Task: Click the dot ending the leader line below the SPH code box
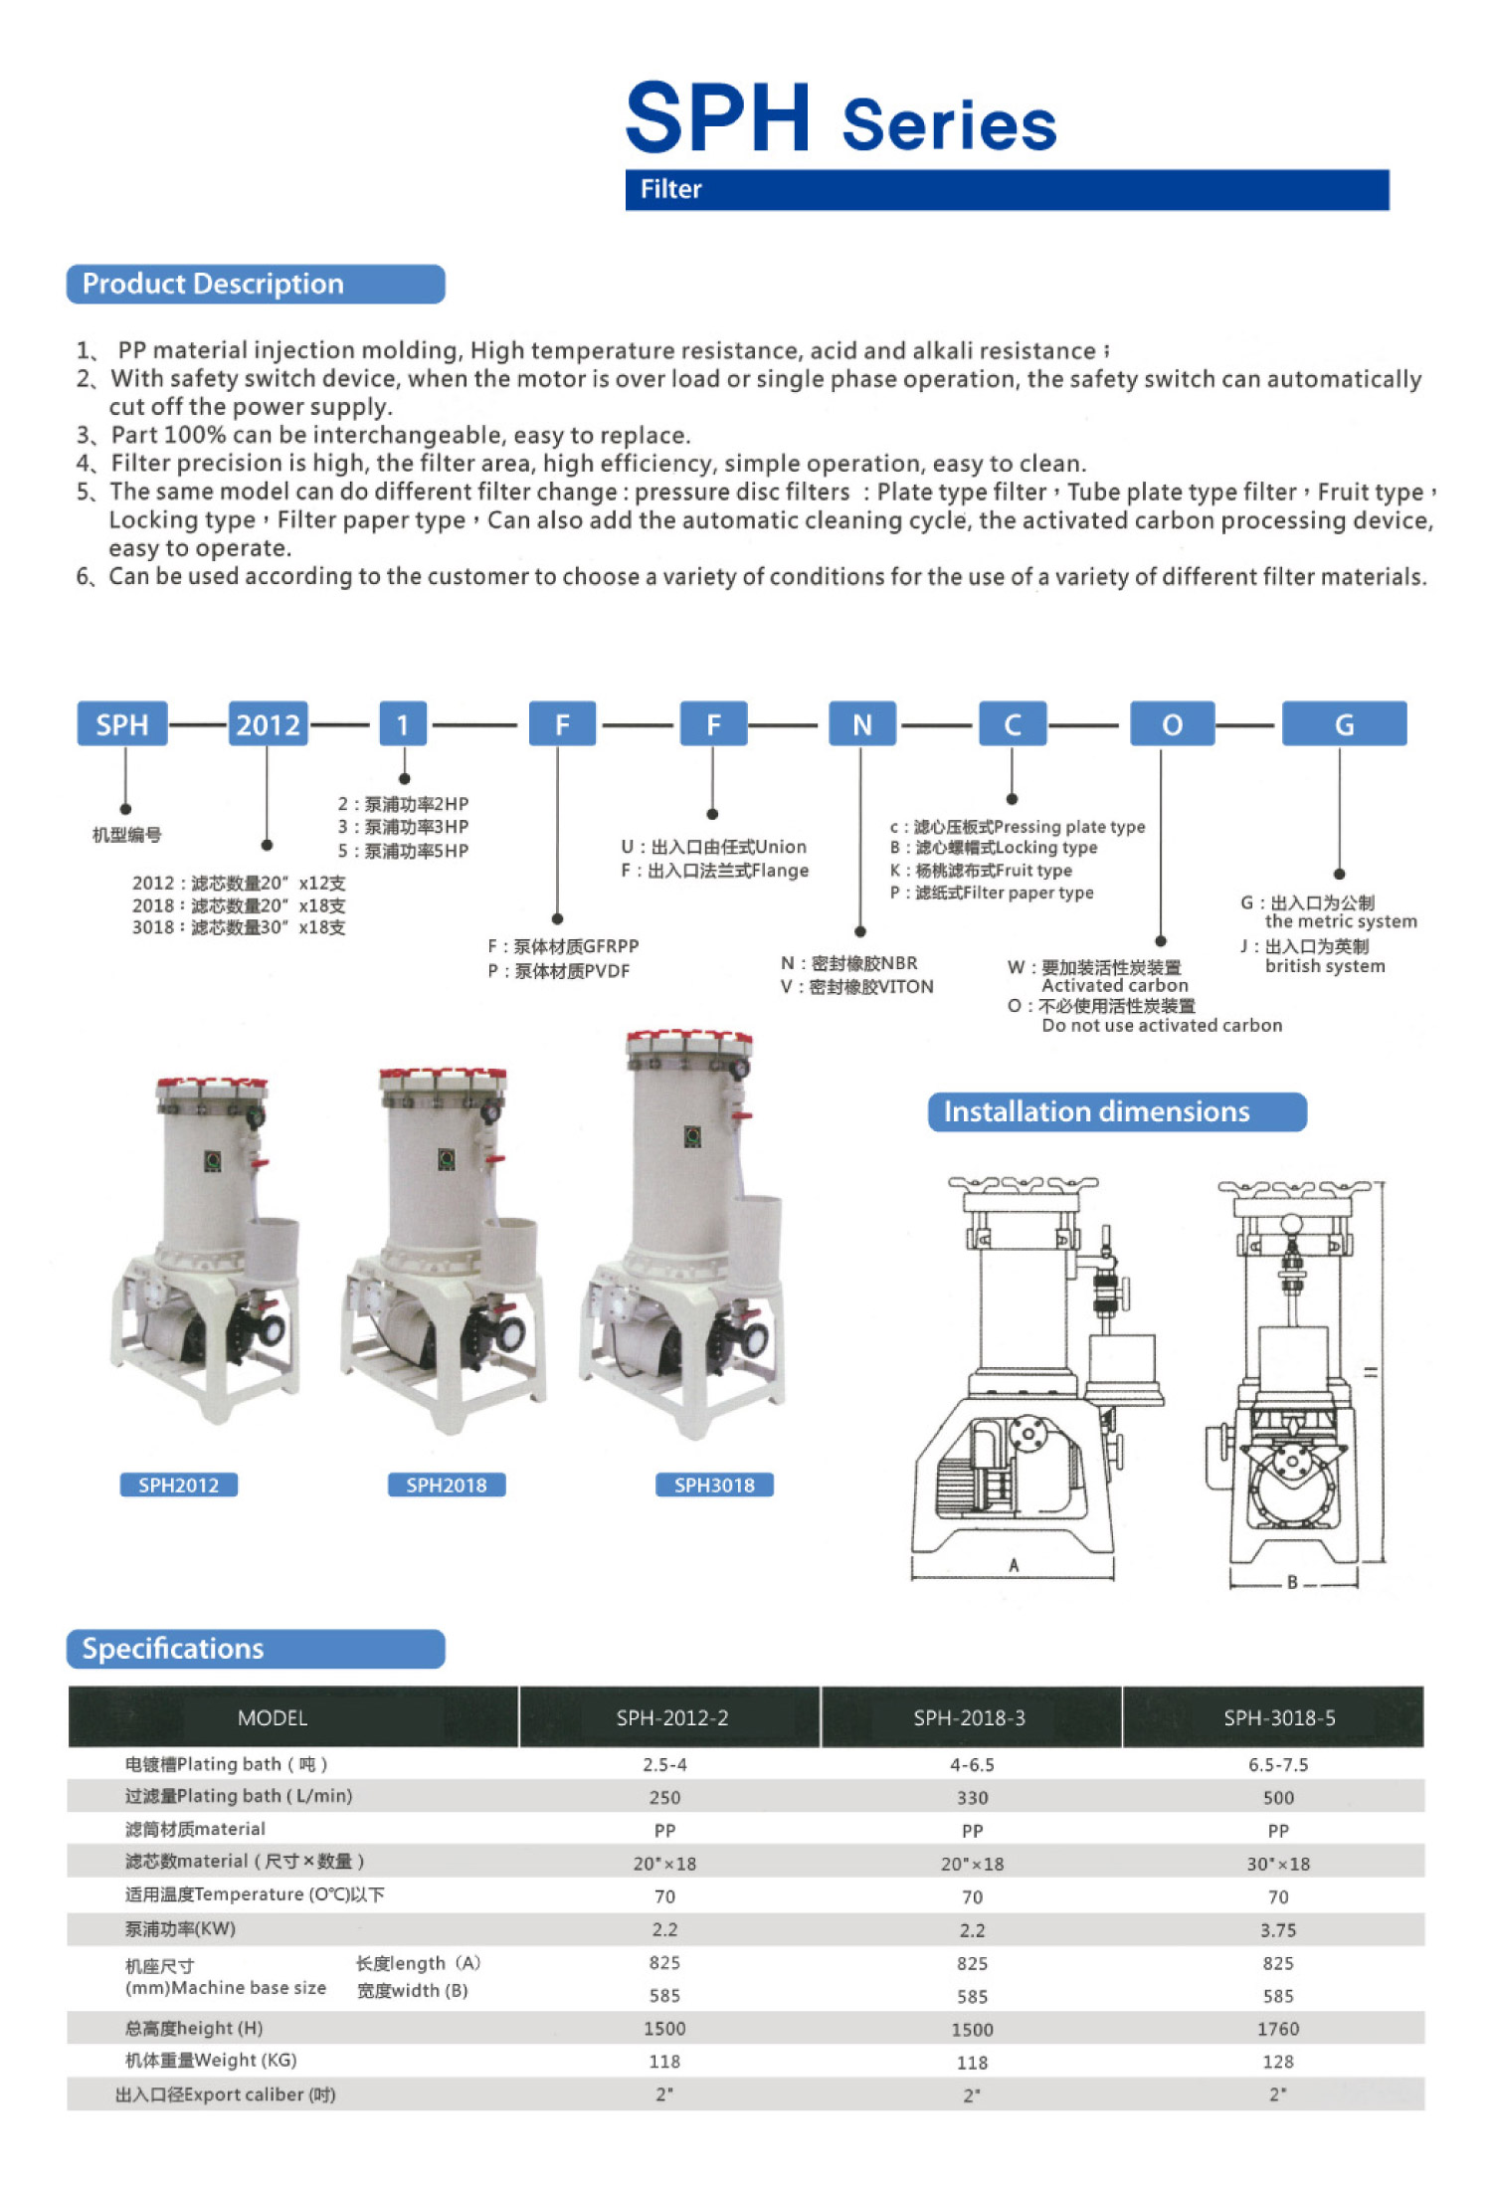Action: point(125,809)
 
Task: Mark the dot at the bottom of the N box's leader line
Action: point(860,932)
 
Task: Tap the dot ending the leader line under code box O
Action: point(1161,941)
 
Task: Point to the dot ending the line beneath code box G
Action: point(1340,874)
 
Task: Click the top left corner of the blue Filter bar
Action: point(626,170)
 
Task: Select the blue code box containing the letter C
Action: point(1013,723)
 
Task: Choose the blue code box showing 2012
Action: point(268,723)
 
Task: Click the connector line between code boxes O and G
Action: point(1245,725)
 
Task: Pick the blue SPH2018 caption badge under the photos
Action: point(447,1485)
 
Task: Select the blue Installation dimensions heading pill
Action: point(1117,1111)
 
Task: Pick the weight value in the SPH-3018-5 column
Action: point(1278,2062)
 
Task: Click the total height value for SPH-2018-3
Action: point(972,2029)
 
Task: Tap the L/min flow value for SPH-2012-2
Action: point(664,1797)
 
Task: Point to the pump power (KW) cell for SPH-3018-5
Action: point(1278,1929)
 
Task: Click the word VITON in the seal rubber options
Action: point(906,986)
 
